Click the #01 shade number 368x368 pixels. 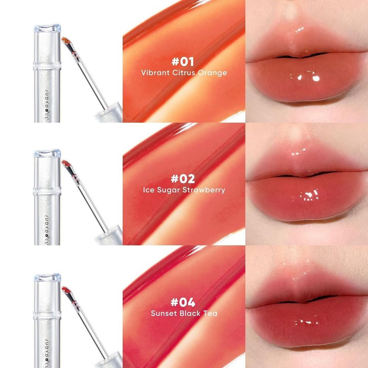click(183, 62)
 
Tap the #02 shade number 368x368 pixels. click(183, 179)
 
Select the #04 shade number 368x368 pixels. click(183, 302)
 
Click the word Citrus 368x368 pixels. click(184, 72)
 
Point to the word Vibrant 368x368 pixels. click(155, 72)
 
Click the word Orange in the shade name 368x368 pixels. click(212, 73)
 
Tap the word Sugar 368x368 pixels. click(169, 190)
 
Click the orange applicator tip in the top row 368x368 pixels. click(66, 41)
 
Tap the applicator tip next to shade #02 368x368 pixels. click(66, 164)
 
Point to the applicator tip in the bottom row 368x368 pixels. click(66, 290)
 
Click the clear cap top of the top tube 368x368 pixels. click(47, 28)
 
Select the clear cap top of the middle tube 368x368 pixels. click(47, 153)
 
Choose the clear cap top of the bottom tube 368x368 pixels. click(47, 277)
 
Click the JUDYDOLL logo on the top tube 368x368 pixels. click(47, 106)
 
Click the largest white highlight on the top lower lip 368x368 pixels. click(316, 78)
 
